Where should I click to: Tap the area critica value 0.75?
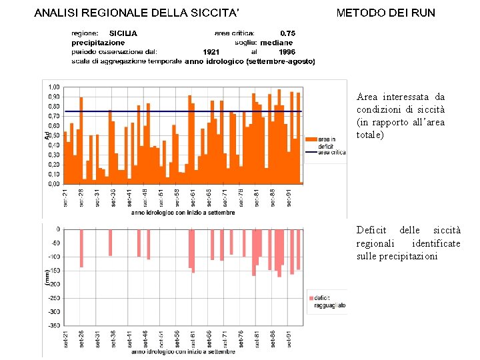288,33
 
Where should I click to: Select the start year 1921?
211,51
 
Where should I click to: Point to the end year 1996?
287,51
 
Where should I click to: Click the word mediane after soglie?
276,42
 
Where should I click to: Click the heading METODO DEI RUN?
385,13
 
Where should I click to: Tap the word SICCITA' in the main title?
215,13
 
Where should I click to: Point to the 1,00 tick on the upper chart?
53,87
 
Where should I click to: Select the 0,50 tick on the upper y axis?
53,135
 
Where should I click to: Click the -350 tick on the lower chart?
53,325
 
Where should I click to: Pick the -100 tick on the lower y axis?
53,257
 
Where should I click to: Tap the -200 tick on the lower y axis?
53,284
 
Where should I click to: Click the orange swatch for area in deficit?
311,139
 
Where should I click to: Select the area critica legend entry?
331,153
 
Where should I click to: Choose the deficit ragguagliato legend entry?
329,301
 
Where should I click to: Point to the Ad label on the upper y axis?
47,135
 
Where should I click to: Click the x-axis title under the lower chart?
183,351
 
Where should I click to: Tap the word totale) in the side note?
371,135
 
